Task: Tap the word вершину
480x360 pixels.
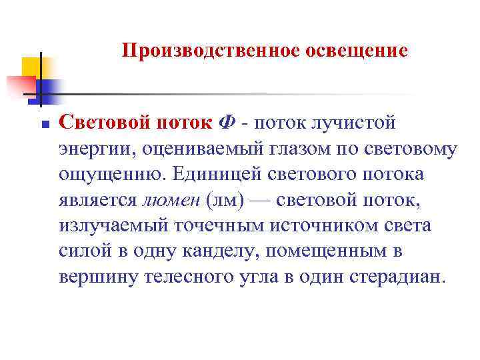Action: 99,277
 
